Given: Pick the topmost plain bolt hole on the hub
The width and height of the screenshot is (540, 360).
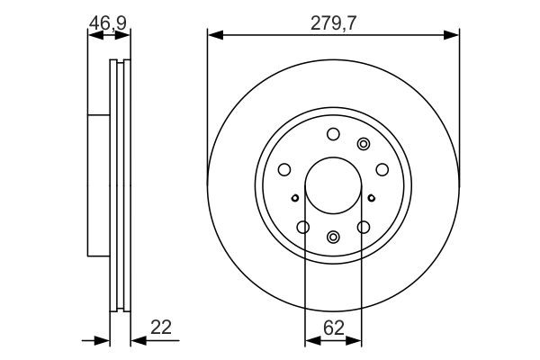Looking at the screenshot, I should coord(333,134).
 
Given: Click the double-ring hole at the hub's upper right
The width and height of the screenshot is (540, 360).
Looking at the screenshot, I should coord(364,143).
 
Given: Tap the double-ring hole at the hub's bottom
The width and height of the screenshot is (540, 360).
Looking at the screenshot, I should coord(333,237).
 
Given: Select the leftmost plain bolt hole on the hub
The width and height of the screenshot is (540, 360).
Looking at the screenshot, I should coord(284,169).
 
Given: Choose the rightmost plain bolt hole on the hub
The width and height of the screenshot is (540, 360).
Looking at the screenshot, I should coord(382,169).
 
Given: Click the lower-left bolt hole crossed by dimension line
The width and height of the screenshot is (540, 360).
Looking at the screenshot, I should coord(303,227).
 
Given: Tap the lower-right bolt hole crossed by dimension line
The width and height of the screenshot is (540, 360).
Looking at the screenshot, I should coord(363,227).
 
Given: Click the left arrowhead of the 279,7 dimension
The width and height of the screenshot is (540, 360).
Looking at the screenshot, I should coord(214,35).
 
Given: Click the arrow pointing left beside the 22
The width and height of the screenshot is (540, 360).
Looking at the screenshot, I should coord(138,340).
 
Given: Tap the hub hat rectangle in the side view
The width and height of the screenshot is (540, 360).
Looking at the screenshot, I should coord(98,184).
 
